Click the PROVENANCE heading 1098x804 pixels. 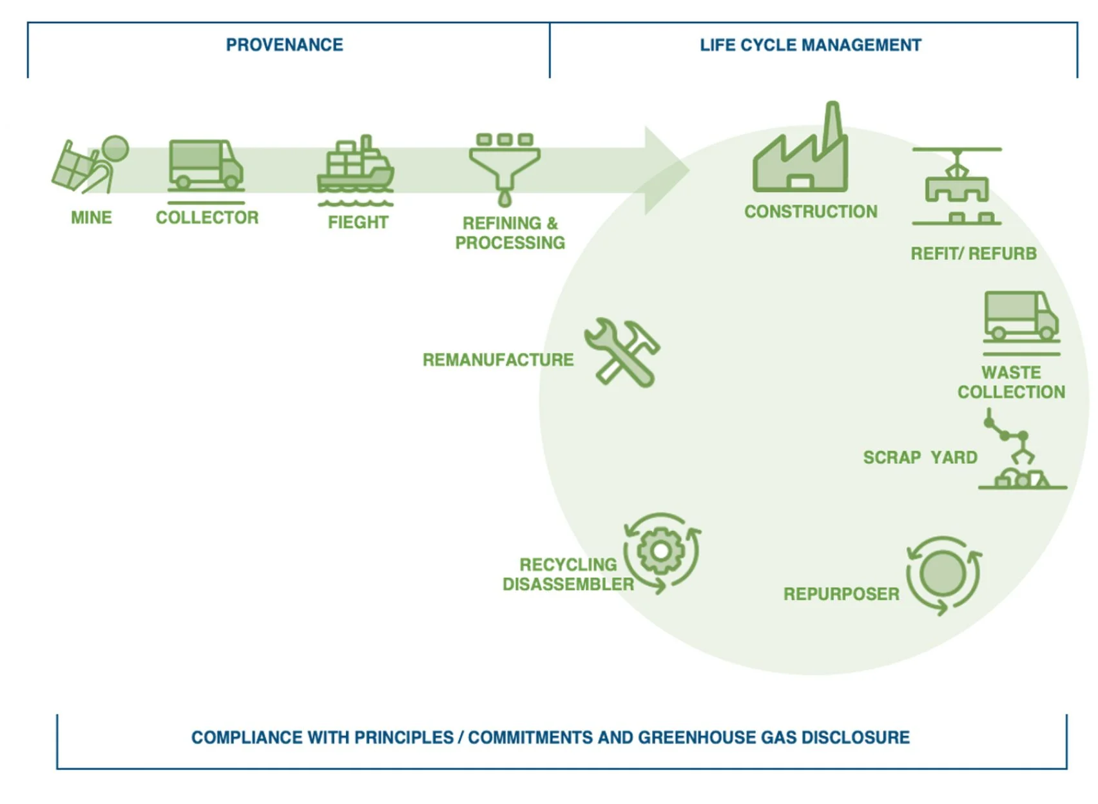(x=284, y=45)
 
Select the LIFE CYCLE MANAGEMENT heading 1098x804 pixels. (x=810, y=45)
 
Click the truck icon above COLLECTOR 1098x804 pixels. (x=206, y=165)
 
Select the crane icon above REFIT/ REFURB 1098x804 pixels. (x=957, y=186)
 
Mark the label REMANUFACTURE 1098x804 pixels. (x=497, y=359)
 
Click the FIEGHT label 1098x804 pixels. (x=358, y=222)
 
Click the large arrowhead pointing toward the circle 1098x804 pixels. (x=666, y=171)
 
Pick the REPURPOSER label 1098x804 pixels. (x=841, y=594)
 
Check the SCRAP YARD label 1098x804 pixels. (x=920, y=457)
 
